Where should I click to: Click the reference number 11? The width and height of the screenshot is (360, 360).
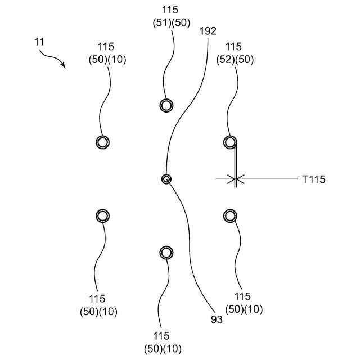click(38, 42)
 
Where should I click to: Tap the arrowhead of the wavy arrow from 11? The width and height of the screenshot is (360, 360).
click(64, 65)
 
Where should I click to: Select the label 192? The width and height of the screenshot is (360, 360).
click(208, 31)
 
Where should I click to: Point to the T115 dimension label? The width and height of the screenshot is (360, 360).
click(313, 179)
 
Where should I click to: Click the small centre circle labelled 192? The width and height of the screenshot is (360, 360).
click(166, 179)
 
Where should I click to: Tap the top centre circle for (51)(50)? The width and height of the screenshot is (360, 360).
click(166, 105)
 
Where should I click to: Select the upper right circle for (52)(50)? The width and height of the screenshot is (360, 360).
click(229, 142)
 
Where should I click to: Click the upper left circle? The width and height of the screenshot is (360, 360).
click(102, 142)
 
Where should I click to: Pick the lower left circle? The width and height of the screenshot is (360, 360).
click(102, 216)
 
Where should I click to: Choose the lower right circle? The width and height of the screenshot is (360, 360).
click(229, 216)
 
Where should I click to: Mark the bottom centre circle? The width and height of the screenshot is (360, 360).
click(166, 253)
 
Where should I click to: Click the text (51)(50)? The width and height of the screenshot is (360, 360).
click(172, 23)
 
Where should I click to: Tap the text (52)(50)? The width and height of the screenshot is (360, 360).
click(235, 60)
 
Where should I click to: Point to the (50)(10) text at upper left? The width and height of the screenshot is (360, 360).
click(107, 60)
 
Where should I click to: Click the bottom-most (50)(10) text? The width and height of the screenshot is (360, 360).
click(163, 348)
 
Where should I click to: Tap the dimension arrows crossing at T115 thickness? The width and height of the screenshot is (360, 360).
click(235, 179)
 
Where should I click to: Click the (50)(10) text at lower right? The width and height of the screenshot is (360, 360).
click(244, 309)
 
